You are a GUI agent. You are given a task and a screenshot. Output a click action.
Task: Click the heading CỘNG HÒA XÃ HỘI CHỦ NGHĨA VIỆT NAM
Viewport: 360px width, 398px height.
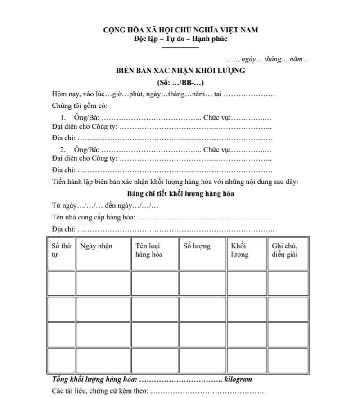[x=180, y=30]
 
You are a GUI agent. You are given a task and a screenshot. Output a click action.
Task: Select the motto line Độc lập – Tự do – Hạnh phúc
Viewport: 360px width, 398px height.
[x=180, y=38]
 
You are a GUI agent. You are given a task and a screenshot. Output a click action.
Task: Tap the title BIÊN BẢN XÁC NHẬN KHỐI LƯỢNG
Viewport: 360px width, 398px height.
[x=180, y=71]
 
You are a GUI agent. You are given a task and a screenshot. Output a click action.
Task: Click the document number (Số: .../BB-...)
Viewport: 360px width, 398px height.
[x=180, y=83]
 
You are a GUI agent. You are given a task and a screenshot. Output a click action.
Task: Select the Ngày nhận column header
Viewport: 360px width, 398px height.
[x=96, y=246]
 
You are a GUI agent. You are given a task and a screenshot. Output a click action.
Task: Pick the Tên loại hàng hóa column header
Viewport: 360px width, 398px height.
[x=149, y=250]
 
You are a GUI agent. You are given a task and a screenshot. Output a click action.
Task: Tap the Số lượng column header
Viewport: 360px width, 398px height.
[x=197, y=246]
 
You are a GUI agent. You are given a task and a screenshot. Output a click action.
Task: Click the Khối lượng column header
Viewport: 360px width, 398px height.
[x=239, y=250]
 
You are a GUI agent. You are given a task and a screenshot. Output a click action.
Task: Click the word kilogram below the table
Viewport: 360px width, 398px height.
[x=238, y=379]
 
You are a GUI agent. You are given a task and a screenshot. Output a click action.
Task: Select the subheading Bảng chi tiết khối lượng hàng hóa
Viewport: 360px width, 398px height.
[x=180, y=194]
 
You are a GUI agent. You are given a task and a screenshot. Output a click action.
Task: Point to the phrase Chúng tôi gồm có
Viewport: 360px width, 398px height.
[x=80, y=107]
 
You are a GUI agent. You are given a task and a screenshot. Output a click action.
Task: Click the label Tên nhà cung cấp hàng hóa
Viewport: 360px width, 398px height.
[x=94, y=218]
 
